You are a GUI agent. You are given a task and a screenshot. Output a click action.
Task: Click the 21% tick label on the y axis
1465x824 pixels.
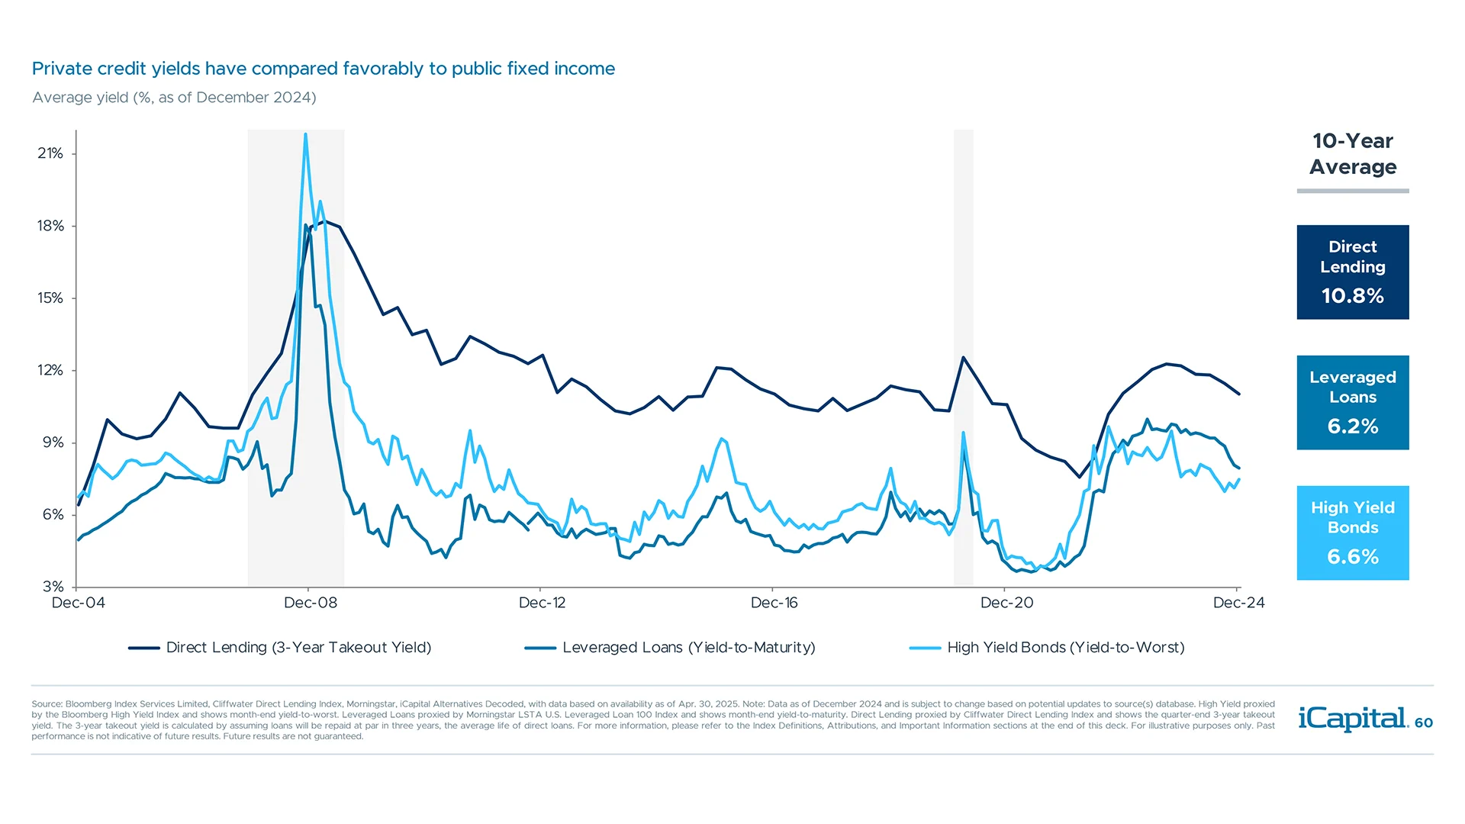pyautogui.click(x=50, y=153)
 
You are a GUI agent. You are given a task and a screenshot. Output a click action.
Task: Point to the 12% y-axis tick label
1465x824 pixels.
pyautogui.click(x=50, y=370)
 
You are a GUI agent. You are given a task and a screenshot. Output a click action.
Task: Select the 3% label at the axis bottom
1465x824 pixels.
pyautogui.click(x=53, y=586)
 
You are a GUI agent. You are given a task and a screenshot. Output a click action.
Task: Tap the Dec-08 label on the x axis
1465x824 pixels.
pyautogui.click(x=310, y=603)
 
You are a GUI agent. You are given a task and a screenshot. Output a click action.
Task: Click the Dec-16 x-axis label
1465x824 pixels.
pyautogui.click(x=774, y=603)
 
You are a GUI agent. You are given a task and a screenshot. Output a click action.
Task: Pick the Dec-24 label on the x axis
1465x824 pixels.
pyautogui.click(x=1238, y=603)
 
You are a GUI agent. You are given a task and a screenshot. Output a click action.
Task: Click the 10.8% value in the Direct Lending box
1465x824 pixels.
pyautogui.click(x=1352, y=296)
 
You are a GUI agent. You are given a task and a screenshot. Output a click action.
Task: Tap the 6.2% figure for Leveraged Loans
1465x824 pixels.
pyautogui.click(x=1352, y=426)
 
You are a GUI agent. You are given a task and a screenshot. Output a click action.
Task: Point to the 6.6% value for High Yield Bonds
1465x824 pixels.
pyautogui.click(x=1352, y=557)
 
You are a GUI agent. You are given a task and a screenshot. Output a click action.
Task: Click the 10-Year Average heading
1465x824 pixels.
pyautogui.click(x=1352, y=154)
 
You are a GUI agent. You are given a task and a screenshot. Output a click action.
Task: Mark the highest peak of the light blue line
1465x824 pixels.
pyautogui.click(x=306, y=135)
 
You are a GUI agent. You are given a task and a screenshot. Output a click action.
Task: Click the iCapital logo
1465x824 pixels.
pyautogui.click(x=1351, y=719)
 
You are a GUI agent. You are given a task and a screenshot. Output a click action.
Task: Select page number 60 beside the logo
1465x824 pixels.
pyautogui.click(x=1424, y=723)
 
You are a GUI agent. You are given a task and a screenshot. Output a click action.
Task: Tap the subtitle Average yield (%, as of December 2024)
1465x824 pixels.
pyautogui.click(x=174, y=98)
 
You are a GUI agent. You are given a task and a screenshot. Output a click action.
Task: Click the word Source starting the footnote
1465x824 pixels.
pyautogui.click(x=46, y=704)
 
